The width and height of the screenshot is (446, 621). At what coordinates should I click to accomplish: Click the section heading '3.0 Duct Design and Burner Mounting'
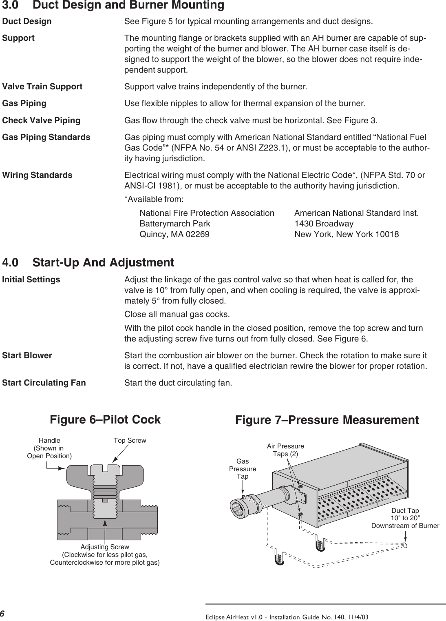(x=113, y=6)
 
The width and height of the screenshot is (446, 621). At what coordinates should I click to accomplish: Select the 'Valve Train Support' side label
(x=42, y=87)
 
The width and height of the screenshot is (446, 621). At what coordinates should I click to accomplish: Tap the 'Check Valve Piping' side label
(x=42, y=121)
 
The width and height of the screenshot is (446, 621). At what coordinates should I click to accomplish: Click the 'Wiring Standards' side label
(x=38, y=175)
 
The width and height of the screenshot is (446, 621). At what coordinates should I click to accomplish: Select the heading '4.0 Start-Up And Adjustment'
(x=88, y=262)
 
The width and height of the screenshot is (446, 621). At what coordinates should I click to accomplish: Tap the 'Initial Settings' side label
(x=31, y=280)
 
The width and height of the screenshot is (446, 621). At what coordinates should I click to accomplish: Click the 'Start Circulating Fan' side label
(x=44, y=383)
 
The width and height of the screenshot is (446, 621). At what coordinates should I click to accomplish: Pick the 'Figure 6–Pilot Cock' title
(x=105, y=420)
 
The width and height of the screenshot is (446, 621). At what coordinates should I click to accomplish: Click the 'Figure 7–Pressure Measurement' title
(x=327, y=420)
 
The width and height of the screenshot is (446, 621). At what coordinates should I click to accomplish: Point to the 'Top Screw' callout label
(x=130, y=441)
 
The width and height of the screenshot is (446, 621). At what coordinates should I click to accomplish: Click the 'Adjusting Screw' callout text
(x=105, y=547)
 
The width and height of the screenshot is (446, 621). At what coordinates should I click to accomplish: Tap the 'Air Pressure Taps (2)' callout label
(x=285, y=450)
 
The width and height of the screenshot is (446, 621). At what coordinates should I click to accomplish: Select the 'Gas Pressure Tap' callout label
(x=243, y=469)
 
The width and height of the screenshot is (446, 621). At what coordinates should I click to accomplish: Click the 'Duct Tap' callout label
(x=405, y=511)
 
